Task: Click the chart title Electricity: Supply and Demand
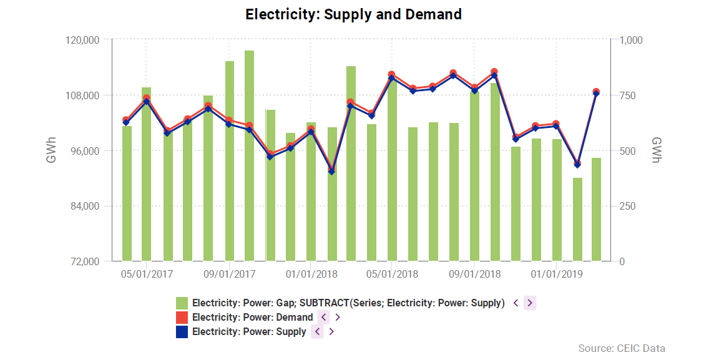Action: tap(353, 14)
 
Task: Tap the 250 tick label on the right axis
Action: tap(627, 207)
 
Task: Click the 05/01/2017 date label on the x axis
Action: tap(147, 275)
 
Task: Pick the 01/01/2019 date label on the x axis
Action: tap(557, 275)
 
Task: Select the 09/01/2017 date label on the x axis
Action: tap(229, 275)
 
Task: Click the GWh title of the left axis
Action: tap(51, 150)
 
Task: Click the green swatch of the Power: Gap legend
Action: tap(182, 303)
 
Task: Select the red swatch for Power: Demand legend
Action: tap(182, 318)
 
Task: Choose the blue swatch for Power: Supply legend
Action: tap(182, 332)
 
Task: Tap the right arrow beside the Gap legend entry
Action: tap(530, 303)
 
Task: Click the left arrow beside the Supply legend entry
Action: tap(317, 332)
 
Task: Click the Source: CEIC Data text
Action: tap(622, 348)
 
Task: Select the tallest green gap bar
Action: tap(249, 156)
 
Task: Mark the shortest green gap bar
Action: tap(577, 219)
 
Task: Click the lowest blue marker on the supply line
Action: tap(331, 171)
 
